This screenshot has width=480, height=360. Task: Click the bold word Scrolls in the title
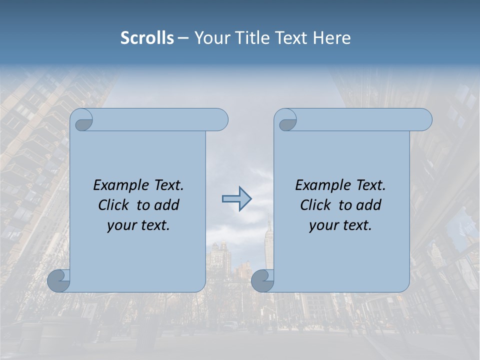pos(147,38)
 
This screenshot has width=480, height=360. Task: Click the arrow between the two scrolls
pos(236,199)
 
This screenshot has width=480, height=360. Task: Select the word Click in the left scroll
pos(114,205)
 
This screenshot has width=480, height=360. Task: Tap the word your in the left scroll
pos(120,225)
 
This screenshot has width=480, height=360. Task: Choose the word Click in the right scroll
pos(315,205)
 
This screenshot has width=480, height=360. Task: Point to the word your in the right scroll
pos(322,225)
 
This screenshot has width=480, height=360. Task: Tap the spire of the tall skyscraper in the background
pos(268,220)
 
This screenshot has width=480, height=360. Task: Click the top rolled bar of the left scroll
pos(160,119)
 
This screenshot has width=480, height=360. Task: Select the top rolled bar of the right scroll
pos(363,119)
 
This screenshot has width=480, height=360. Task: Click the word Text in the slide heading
pos(291,38)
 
